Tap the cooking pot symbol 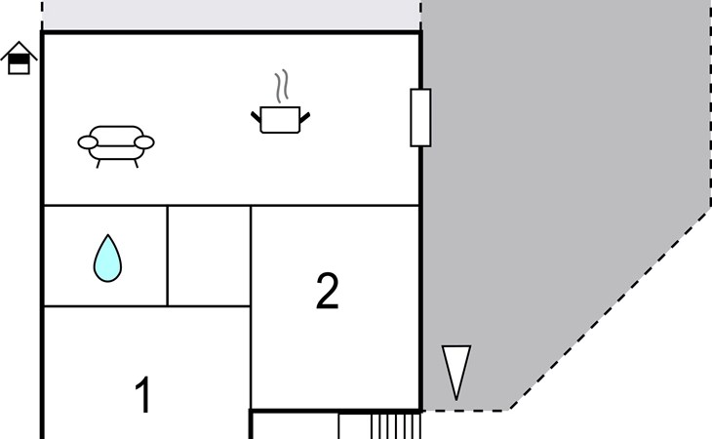[x=281, y=119]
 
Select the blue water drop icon [x=107, y=259]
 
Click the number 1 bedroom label [x=143, y=395]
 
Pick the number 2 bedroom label [x=327, y=291]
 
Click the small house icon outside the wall [x=19, y=59]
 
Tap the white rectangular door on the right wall [x=420, y=118]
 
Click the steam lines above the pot [x=282, y=86]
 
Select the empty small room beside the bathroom [x=209, y=256]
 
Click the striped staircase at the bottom [x=396, y=426]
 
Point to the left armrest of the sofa [x=88, y=142]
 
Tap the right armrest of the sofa [x=144, y=142]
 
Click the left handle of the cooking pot [x=257, y=117]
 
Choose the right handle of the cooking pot [x=304, y=117]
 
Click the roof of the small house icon [x=19, y=48]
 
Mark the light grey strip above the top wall [x=231, y=15]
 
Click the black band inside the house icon [x=19, y=59]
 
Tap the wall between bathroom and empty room [x=168, y=256]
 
